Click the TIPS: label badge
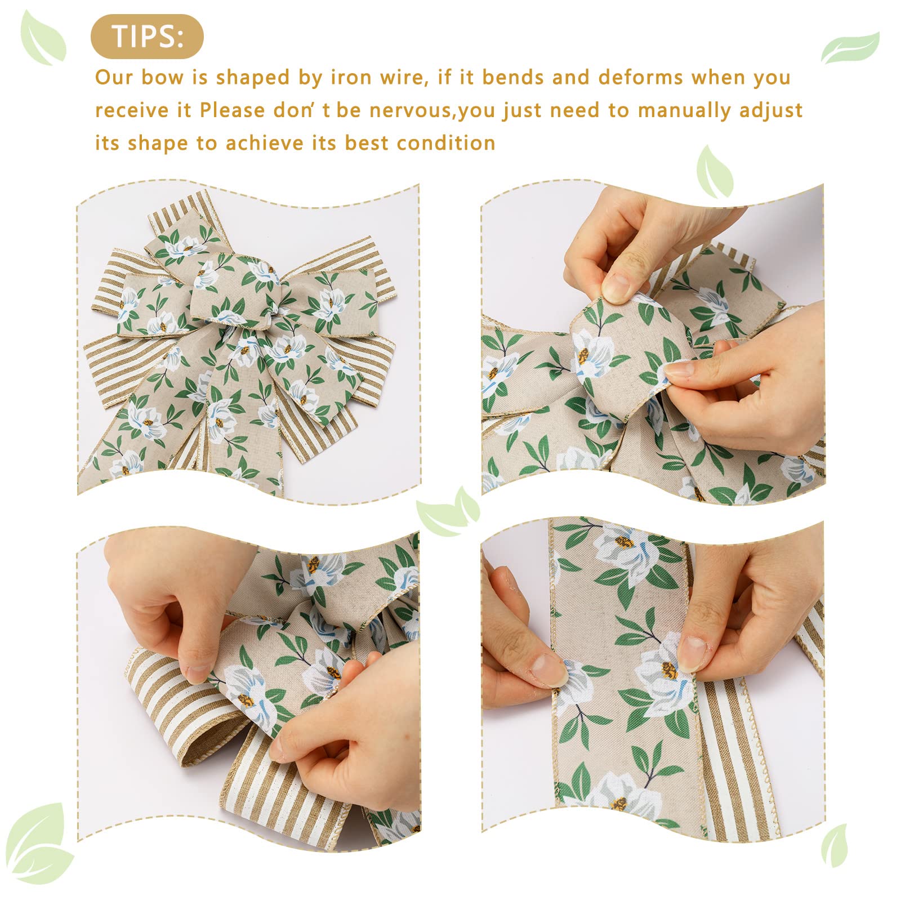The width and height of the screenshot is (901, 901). pos(147,37)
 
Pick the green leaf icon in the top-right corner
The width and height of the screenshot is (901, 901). pos(850,48)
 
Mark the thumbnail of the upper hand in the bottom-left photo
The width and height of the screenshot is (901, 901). pos(198,673)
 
